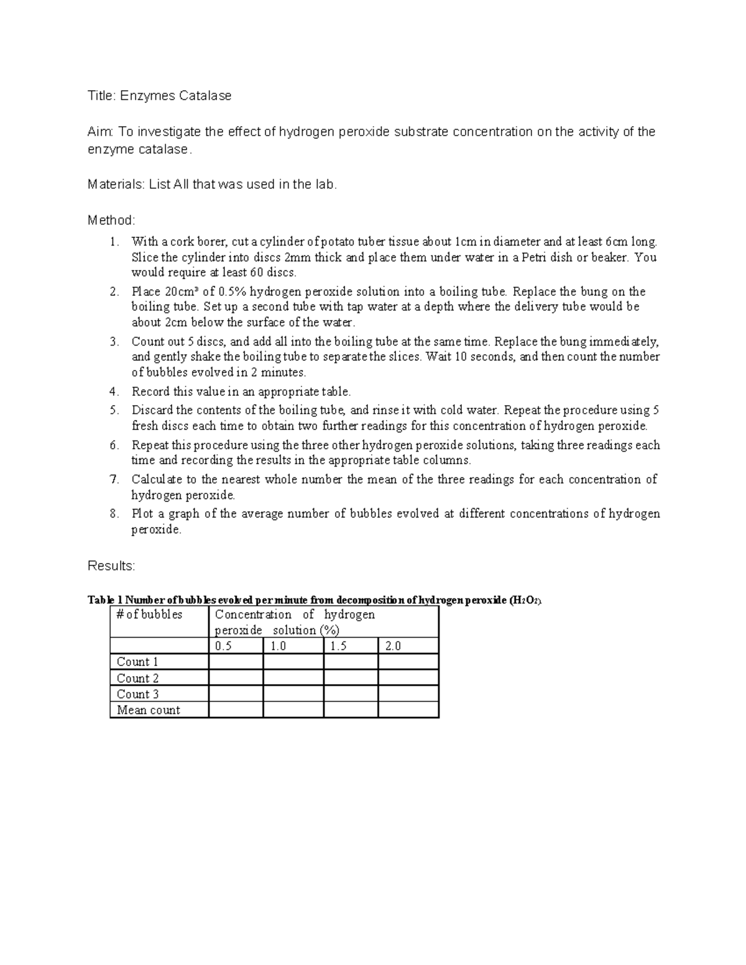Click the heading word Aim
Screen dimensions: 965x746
pos(100,132)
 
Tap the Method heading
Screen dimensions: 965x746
pos(111,221)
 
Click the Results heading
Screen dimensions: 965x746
pos(111,566)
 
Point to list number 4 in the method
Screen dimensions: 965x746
pos(113,391)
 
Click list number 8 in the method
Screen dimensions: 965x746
pos(113,514)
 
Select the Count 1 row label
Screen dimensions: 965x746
pos(137,662)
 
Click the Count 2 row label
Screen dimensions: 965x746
pos(137,679)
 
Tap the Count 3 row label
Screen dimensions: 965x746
pos(137,694)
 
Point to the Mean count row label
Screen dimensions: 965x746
pos(148,710)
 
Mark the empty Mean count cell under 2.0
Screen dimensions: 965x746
pos(408,710)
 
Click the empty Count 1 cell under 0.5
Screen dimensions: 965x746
pos(236,662)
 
